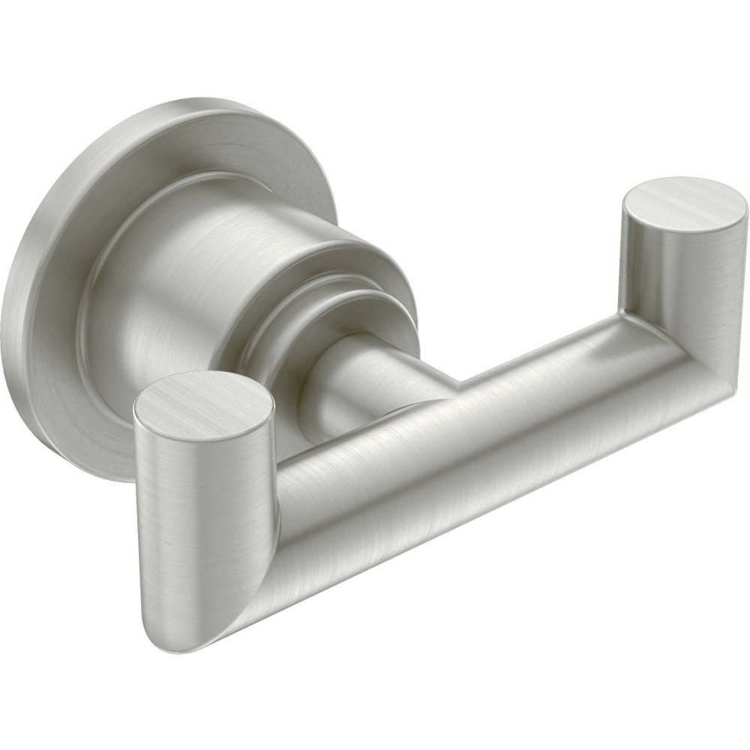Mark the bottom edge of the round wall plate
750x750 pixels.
coord(97,465)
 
